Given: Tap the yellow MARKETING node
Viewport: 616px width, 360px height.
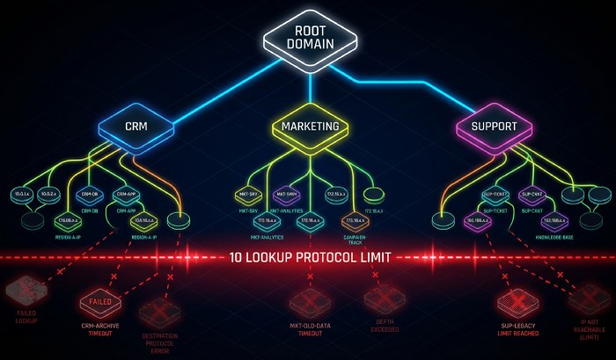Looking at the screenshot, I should coord(310,126).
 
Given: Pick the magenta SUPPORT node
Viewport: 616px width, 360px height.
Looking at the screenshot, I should coord(494,126).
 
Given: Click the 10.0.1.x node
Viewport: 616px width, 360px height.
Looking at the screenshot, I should coord(21,193).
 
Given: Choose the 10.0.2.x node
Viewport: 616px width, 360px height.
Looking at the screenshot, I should coord(48,193).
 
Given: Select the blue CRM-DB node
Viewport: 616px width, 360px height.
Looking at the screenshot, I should coord(91,193).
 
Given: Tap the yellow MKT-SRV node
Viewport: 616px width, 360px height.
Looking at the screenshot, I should coord(247,193).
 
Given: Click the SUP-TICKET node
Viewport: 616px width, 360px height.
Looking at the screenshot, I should coord(493,193).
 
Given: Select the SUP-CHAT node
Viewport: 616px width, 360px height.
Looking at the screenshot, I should coord(532,193).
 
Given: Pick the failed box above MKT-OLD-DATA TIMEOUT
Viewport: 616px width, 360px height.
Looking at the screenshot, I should coord(310,302).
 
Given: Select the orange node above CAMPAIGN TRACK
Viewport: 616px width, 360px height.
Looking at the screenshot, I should coord(354,221).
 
